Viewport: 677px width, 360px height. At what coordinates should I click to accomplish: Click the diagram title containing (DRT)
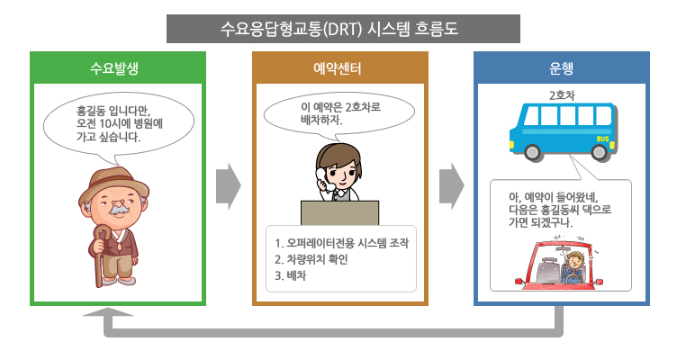(338, 29)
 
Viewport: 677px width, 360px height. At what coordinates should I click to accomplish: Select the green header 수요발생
(114, 68)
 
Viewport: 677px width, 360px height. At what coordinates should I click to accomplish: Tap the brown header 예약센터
(338, 68)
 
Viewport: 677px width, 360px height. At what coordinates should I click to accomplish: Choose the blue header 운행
(561, 68)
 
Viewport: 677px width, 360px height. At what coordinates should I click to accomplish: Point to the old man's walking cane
(100, 255)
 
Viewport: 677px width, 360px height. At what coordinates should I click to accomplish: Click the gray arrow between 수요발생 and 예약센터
(229, 186)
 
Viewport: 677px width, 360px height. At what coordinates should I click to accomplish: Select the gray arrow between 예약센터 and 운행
(452, 186)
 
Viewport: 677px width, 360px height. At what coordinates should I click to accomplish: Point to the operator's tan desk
(339, 212)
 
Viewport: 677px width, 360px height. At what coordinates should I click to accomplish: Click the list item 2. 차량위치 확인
(311, 259)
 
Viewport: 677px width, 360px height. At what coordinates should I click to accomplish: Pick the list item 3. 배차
(290, 275)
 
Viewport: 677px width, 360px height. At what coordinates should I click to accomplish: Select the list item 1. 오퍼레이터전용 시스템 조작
(341, 243)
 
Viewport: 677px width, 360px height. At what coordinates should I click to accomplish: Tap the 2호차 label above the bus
(562, 95)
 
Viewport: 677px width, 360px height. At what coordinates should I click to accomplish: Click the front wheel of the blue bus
(532, 152)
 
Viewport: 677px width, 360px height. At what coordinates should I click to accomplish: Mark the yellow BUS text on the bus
(602, 139)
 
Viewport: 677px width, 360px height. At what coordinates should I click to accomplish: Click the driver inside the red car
(573, 267)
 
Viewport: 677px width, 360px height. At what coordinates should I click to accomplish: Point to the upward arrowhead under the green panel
(108, 311)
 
